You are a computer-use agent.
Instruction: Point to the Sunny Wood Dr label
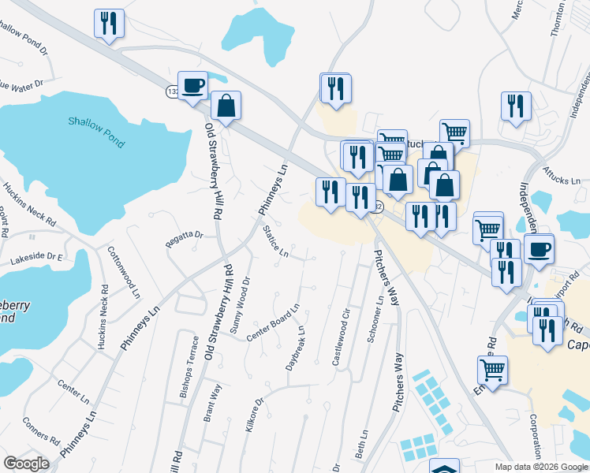tap(238, 305)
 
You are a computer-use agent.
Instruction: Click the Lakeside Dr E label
tap(35, 258)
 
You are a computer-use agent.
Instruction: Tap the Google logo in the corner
tap(26, 464)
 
